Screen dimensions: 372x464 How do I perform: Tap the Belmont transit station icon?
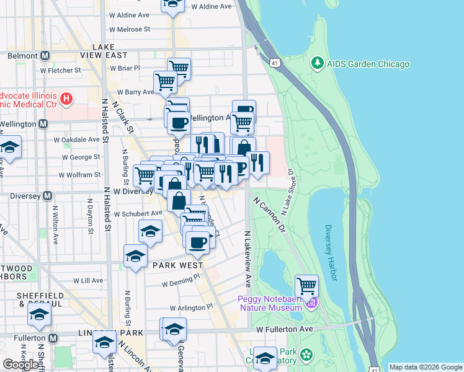(45, 56)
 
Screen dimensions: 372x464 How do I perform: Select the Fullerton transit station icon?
(53, 338)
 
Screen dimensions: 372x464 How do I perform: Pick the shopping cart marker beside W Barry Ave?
(165, 81)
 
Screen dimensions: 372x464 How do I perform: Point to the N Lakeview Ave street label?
(248, 259)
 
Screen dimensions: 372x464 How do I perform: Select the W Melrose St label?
(130, 29)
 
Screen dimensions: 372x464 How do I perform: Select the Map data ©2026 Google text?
(425, 367)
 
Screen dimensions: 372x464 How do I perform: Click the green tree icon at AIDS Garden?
(318, 63)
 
